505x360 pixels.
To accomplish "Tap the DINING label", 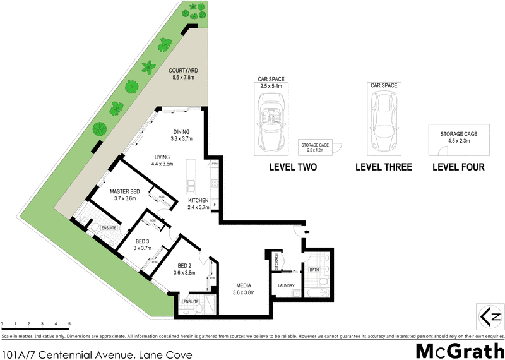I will click(181, 132).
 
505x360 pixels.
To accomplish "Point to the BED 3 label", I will click(143, 241).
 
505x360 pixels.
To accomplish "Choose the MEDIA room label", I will click(242, 285).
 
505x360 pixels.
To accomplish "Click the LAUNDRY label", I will click(286, 286).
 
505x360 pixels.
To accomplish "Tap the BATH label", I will click(314, 270).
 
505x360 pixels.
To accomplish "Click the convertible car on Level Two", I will click(273, 121).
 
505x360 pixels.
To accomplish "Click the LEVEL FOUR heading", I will click(458, 167).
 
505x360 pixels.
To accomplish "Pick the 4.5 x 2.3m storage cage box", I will click(458, 140).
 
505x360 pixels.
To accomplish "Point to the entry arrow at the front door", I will click(306, 232).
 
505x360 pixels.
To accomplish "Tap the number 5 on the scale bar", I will click(69, 324).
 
